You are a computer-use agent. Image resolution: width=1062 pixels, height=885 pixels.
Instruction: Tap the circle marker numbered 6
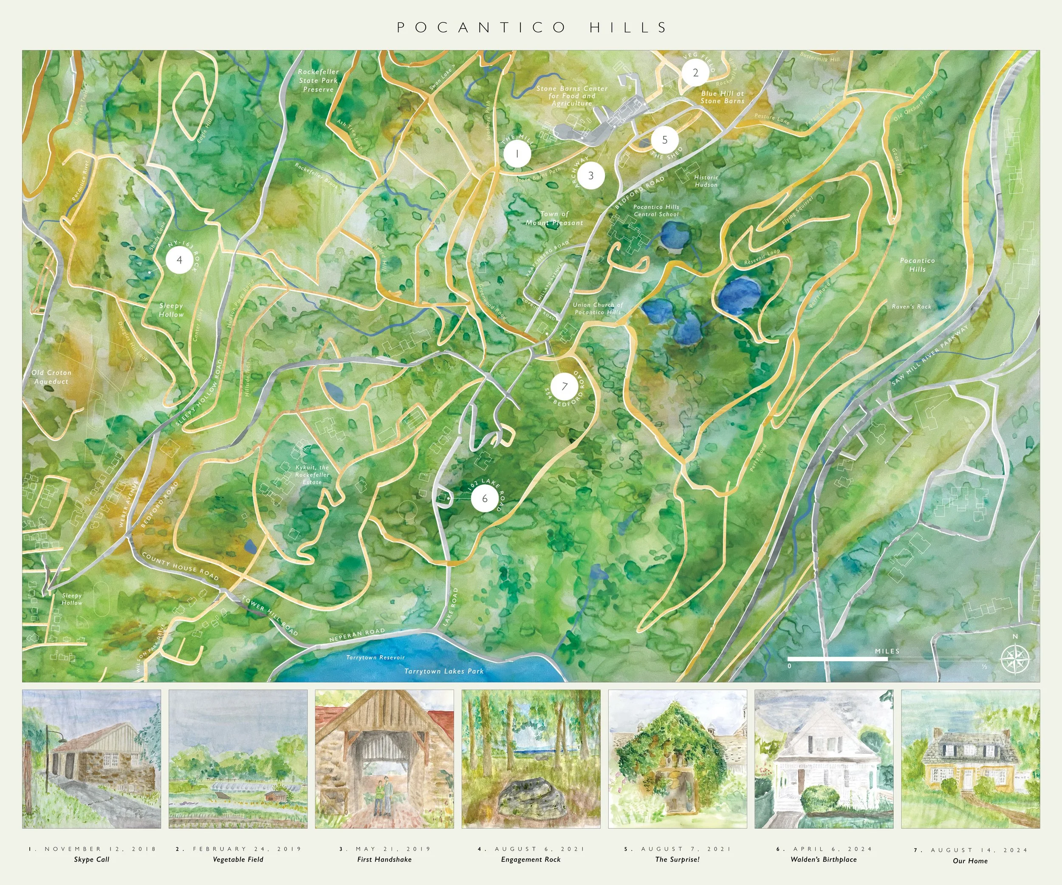[x=484, y=499]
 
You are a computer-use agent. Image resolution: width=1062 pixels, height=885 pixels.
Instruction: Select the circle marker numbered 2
[x=695, y=73]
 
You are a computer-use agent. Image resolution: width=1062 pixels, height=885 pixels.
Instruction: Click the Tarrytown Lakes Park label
[x=443, y=671]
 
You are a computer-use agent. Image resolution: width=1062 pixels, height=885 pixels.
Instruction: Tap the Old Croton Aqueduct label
[x=51, y=377]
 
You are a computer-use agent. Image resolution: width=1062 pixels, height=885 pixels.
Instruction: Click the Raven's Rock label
[x=911, y=306]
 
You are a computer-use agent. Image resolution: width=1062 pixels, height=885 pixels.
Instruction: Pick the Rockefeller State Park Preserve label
[x=318, y=80]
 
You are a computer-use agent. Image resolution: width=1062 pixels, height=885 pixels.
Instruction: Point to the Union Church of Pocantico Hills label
[x=598, y=308]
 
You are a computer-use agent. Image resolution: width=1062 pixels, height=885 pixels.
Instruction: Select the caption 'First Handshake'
[x=384, y=859]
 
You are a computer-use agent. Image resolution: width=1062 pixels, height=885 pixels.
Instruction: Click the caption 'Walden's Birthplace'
[x=824, y=859]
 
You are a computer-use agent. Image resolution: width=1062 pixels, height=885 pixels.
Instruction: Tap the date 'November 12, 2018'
[x=92, y=849]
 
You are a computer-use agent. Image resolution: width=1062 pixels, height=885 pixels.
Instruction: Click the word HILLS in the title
[x=628, y=27]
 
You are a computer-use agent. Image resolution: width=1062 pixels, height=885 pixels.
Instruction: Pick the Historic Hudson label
[x=706, y=181]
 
